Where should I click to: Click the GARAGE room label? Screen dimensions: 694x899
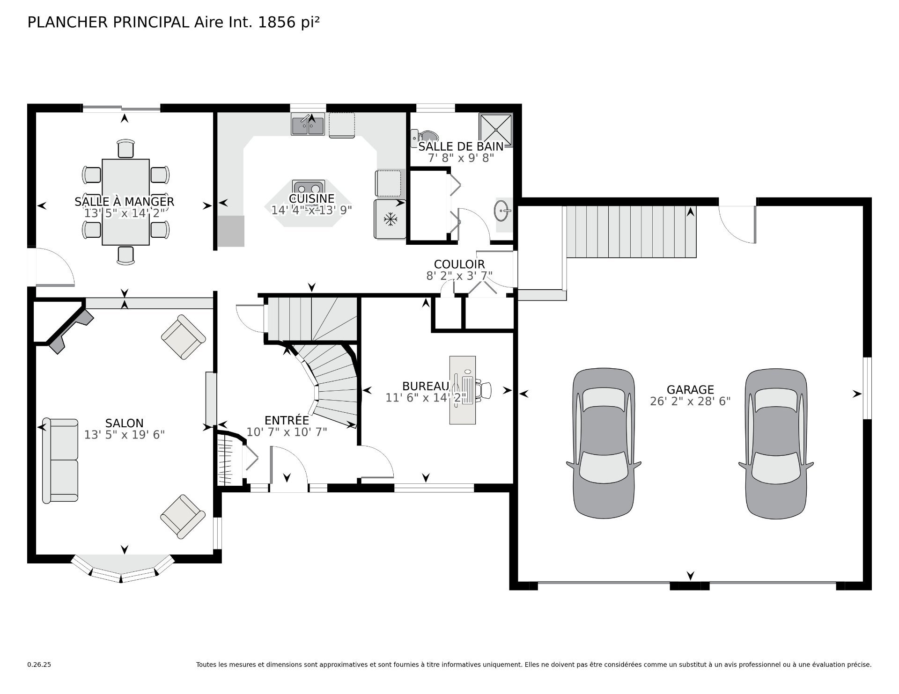click(690, 389)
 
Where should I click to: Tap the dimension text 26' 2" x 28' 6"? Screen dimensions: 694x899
click(690, 402)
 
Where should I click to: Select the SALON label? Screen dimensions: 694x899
click(124, 423)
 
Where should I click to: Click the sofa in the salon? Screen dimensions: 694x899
click(60, 460)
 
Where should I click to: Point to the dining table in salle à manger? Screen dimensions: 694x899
click(125, 202)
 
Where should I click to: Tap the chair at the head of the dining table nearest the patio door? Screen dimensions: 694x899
click(125, 149)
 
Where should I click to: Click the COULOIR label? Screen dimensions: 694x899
click(459, 264)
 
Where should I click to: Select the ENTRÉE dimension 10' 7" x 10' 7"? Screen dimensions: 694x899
click(287, 432)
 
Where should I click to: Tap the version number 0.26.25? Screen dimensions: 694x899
click(39, 665)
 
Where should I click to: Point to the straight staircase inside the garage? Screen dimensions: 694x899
click(631, 232)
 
